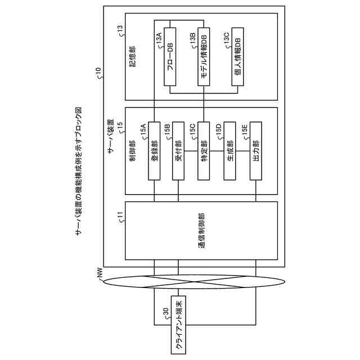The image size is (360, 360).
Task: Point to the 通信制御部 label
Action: point(201,231)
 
